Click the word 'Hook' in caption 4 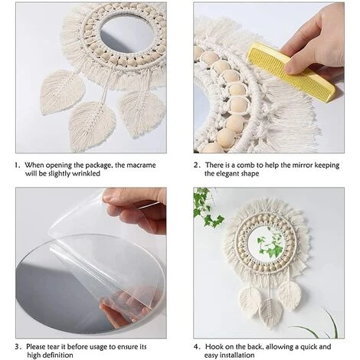tap(213, 346)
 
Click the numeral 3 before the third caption tap(17, 347)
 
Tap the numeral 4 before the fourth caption tap(196, 347)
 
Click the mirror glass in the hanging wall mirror tap(266, 244)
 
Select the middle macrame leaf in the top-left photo tap(93, 124)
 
